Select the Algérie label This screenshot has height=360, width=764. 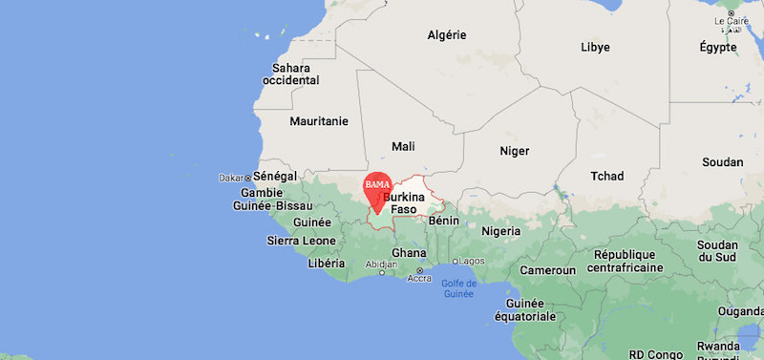click(446, 35)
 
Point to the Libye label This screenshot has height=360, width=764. click(595, 47)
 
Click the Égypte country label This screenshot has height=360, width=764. click(717, 47)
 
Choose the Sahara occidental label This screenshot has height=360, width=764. click(291, 74)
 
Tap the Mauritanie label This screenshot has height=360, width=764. click(319, 121)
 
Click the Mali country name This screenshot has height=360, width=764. click(403, 146)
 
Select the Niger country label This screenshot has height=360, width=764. click(514, 151)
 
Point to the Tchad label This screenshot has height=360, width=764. click(606, 176)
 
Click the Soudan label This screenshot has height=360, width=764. click(722, 162)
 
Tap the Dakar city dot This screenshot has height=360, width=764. click(248, 178)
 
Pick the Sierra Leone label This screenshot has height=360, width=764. click(301, 241)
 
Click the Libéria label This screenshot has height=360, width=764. click(327, 263)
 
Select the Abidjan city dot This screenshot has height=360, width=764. click(381, 273)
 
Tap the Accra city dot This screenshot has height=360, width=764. click(419, 270)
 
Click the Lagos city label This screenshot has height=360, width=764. click(472, 261)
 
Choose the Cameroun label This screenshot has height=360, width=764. click(547, 270)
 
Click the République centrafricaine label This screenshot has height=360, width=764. click(625, 261)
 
